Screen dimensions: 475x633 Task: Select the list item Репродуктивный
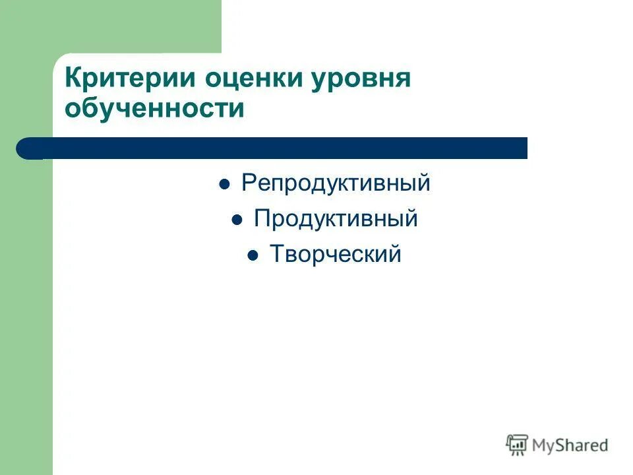(336, 183)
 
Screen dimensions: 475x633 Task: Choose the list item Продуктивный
(336, 219)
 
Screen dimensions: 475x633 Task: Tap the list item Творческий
(336, 255)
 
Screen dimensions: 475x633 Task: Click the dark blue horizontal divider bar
(277, 148)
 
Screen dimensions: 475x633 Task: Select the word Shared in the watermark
(583, 446)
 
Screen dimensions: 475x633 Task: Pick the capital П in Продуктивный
(262, 219)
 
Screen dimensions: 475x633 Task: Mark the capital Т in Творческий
(276, 255)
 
